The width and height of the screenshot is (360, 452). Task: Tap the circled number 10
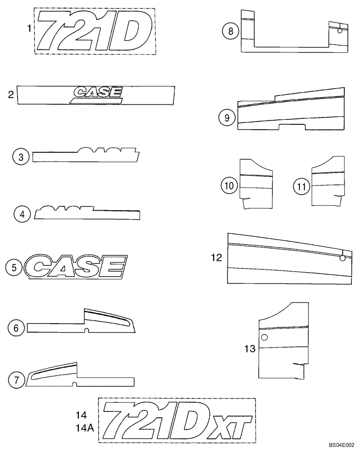pyautogui.click(x=229, y=185)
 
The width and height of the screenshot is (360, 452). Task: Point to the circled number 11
pyautogui.click(x=301, y=185)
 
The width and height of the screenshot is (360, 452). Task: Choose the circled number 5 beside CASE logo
pyautogui.click(x=14, y=268)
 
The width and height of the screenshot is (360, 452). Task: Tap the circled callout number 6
pyautogui.click(x=16, y=328)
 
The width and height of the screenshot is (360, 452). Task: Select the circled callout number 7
pyautogui.click(x=17, y=381)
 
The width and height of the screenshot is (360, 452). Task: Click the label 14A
pyautogui.click(x=84, y=426)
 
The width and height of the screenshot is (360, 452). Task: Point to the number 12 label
pyautogui.click(x=217, y=258)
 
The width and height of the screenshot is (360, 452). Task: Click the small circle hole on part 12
pyautogui.click(x=342, y=258)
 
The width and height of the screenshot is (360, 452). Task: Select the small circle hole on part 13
pyautogui.click(x=265, y=337)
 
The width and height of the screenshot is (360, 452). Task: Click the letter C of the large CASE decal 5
pyautogui.click(x=42, y=268)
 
